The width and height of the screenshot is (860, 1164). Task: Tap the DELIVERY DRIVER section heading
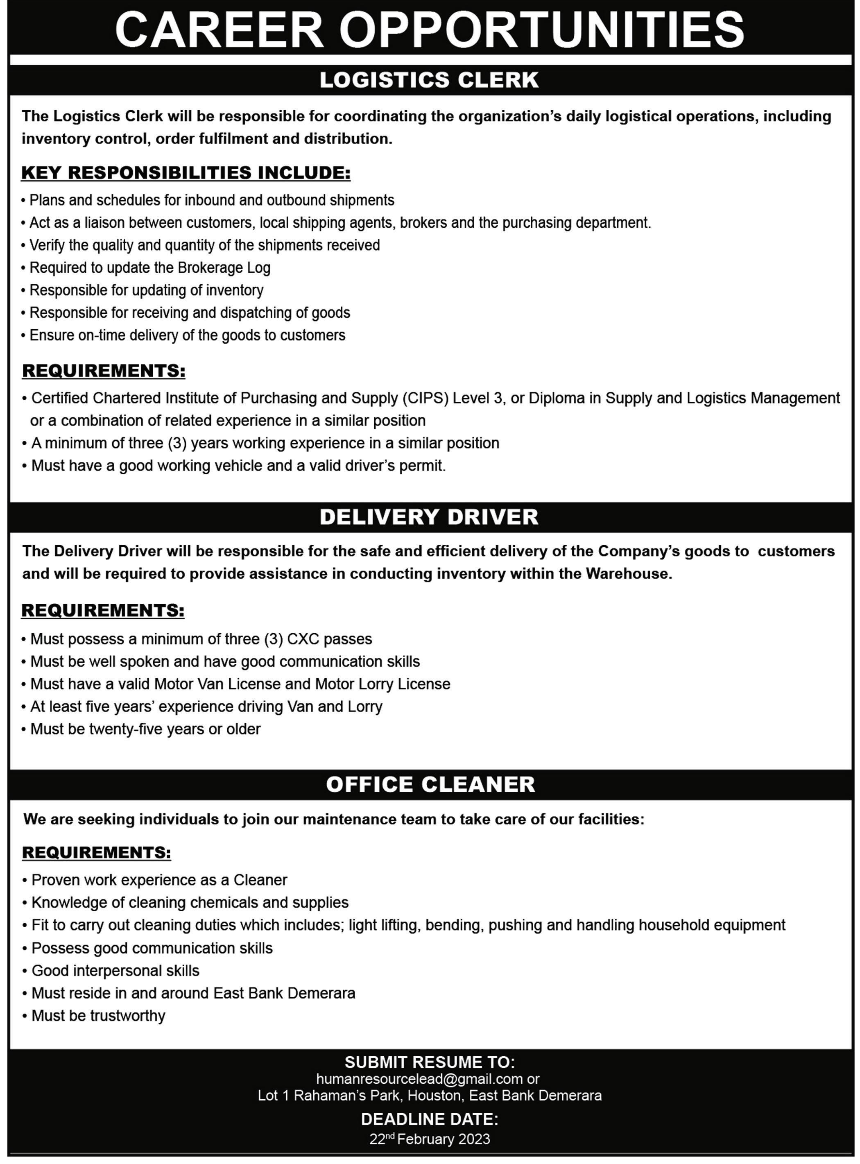(x=430, y=517)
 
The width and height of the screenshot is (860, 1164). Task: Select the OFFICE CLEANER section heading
(x=430, y=784)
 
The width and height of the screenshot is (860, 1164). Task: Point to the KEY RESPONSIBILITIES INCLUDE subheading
(x=186, y=173)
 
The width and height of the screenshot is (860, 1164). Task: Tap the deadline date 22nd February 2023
(x=430, y=1139)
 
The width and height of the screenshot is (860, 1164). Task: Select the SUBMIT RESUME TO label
(x=430, y=1062)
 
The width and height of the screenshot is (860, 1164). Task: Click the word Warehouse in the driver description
(x=628, y=574)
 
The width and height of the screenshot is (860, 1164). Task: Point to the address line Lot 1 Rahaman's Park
(x=430, y=1096)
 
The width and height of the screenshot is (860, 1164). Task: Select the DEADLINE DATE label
(x=430, y=1119)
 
